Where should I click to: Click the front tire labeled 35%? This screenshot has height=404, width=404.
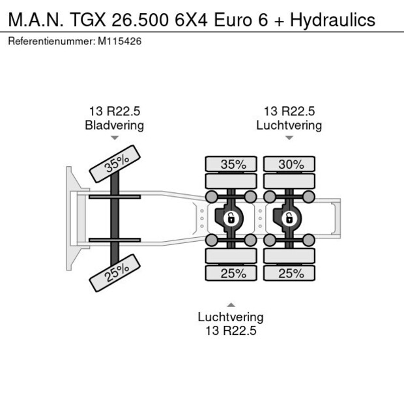coord(117,164)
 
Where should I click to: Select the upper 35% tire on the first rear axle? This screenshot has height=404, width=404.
coord(233,164)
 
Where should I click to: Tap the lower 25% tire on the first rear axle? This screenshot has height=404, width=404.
coord(233,273)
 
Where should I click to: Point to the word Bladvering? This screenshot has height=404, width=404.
coord(114,125)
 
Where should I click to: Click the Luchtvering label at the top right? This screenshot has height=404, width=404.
coord(289,125)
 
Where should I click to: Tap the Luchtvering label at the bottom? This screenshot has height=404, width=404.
coord(231,317)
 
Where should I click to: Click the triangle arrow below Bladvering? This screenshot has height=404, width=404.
coord(115,138)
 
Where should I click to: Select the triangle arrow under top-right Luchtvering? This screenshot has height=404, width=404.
coord(289,138)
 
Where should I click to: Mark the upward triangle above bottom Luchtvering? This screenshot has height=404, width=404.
coord(231,304)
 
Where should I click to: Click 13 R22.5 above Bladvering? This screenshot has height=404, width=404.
coord(115,111)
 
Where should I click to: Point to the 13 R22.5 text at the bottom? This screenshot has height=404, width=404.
coord(231,331)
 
